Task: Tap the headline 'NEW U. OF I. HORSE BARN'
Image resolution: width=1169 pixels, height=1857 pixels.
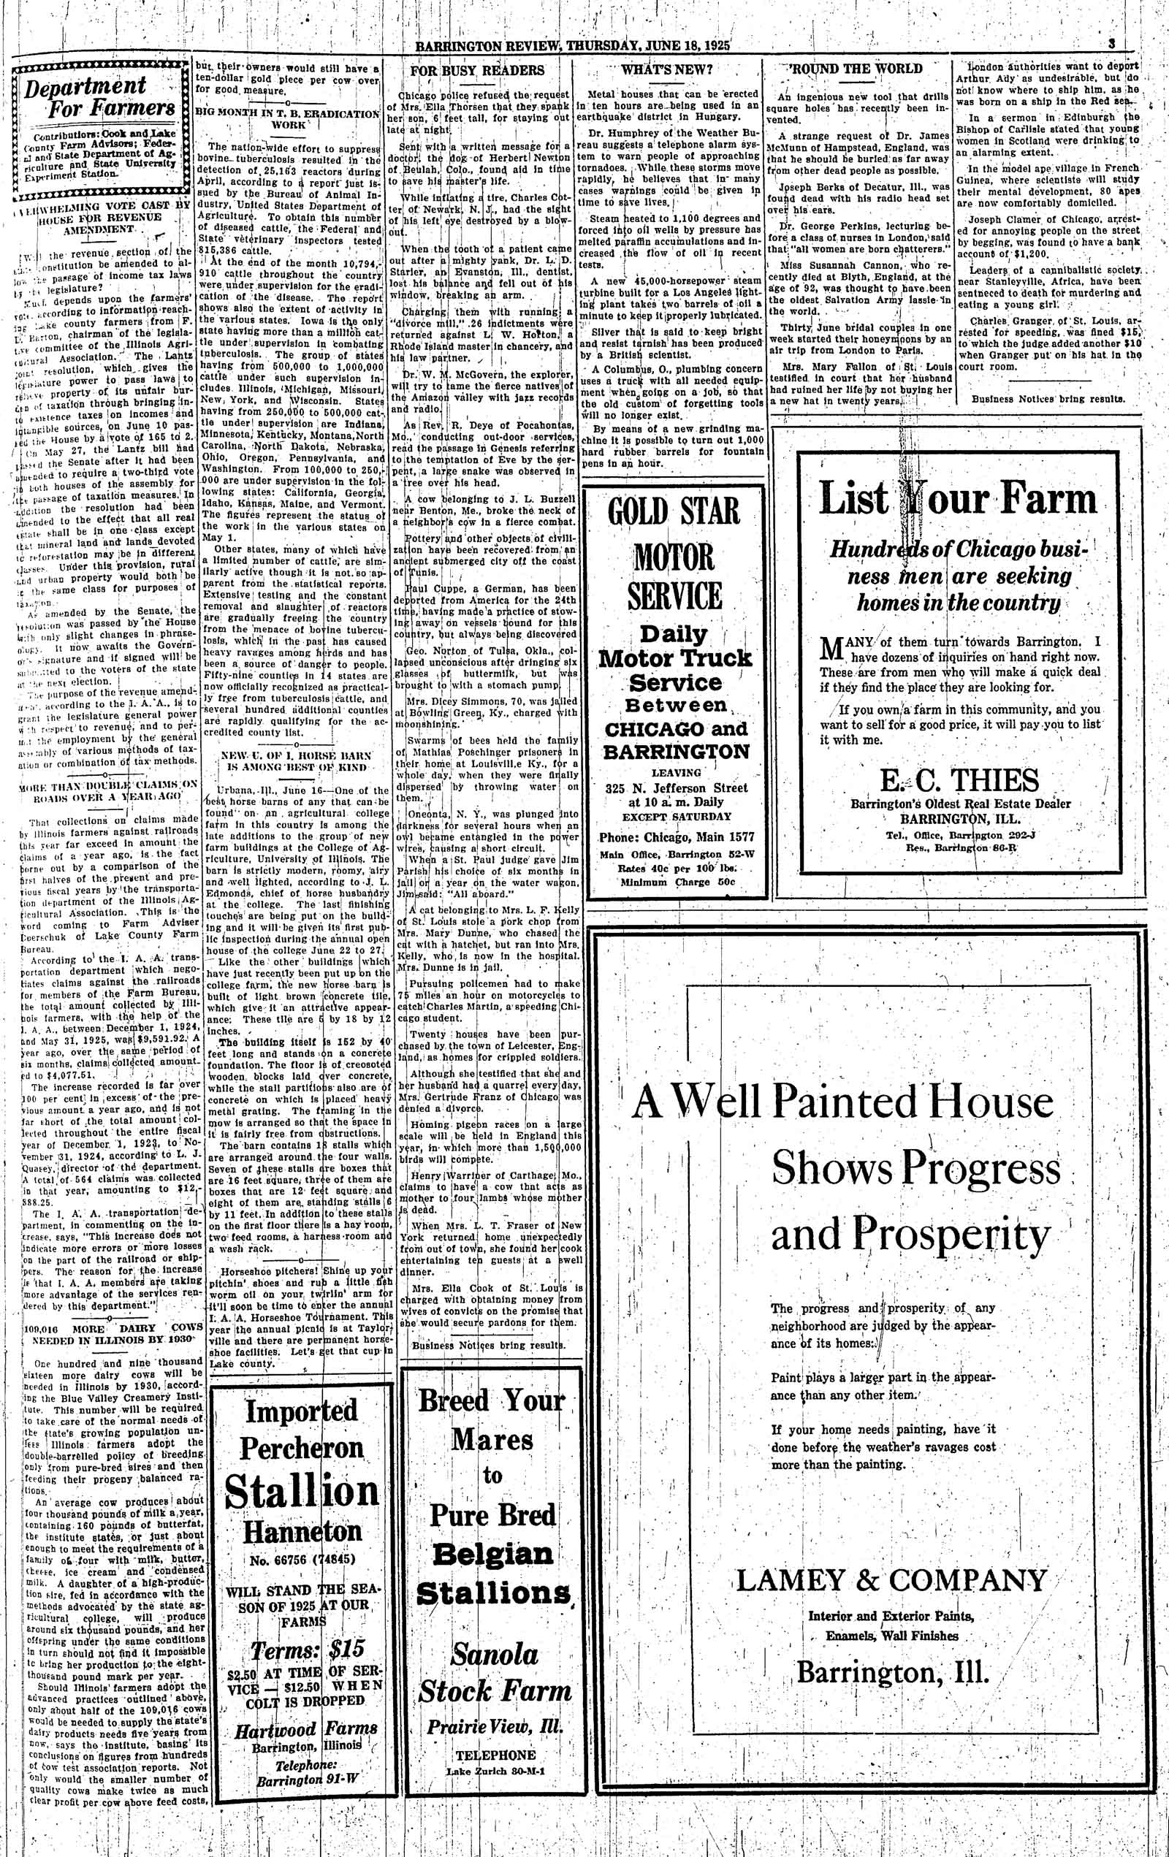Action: tap(296, 755)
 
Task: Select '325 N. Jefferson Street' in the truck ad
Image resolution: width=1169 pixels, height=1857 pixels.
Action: tap(677, 788)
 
